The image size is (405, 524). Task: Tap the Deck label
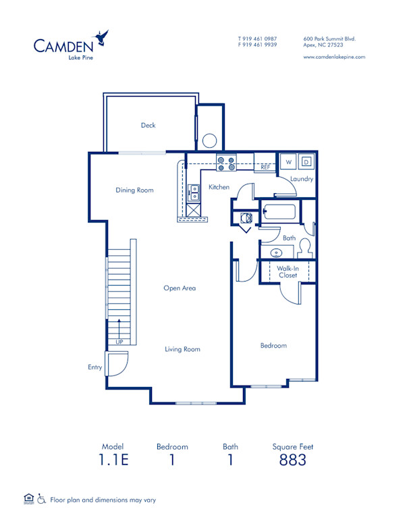(148, 125)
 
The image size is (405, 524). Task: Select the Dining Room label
(134, 190)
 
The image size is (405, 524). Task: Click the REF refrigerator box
(265, 166)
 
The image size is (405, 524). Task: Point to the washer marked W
(288, 162)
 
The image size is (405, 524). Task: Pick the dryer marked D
(306, 162)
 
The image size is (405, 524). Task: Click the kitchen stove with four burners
(225, 163)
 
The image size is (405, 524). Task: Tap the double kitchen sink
(194, 194)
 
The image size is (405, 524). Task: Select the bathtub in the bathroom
(279, 213)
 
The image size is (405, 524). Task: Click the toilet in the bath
(305, 247)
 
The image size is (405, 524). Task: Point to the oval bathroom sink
(277, 253)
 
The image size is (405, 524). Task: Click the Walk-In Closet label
(288, 271)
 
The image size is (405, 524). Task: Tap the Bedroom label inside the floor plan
(273, 346)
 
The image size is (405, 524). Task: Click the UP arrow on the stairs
(119, 331)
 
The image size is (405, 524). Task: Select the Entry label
(94, 367)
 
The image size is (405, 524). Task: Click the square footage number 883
(292, 461)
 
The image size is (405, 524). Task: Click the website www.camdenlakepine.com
(334, 57)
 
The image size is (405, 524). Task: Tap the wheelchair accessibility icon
(42, 500)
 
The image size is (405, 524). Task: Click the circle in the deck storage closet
(209, 141)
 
